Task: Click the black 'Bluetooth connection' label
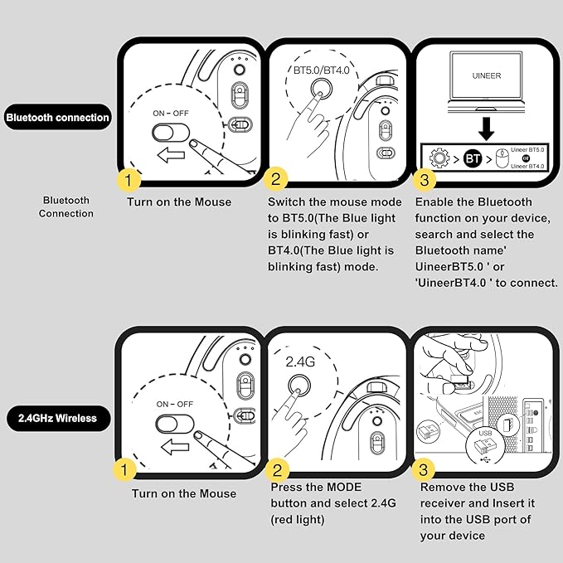[57, 118]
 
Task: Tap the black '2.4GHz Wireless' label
[57, 418]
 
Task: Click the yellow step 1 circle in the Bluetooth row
[128, 179]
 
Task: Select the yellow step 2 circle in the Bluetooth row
[275, 179]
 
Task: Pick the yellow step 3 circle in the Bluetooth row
[425, 180]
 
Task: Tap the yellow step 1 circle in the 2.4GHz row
[124, 470]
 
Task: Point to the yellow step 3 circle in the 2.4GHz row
[424, 470]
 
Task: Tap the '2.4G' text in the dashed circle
[299, 362]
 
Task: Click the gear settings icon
[439, 155]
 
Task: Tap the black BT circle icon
[472, 155]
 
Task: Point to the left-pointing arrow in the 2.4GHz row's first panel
[173, 447]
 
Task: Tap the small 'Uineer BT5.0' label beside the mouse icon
[527, 148]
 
